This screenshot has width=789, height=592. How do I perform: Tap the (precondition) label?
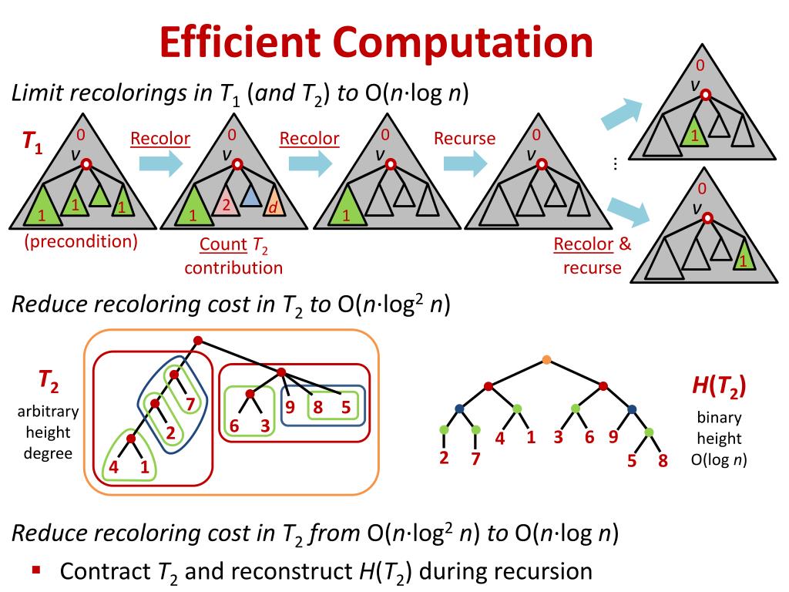click(x=81, y=241)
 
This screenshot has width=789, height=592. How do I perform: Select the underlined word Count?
click(x=221, y=246)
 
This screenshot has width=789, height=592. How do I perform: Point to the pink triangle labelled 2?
click(x=225, y=203)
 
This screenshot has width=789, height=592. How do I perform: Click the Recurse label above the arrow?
click(x=464, y=139)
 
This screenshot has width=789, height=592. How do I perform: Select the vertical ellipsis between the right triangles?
click(x=615, y=164)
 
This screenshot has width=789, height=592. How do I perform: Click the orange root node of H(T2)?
click(x=546, y=359)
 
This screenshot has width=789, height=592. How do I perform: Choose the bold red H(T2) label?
click(x=718, y=388)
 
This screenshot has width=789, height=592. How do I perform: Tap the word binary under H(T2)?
click(x=719, y=418)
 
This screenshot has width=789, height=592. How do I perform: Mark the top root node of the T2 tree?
click(x=197, y=340)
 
